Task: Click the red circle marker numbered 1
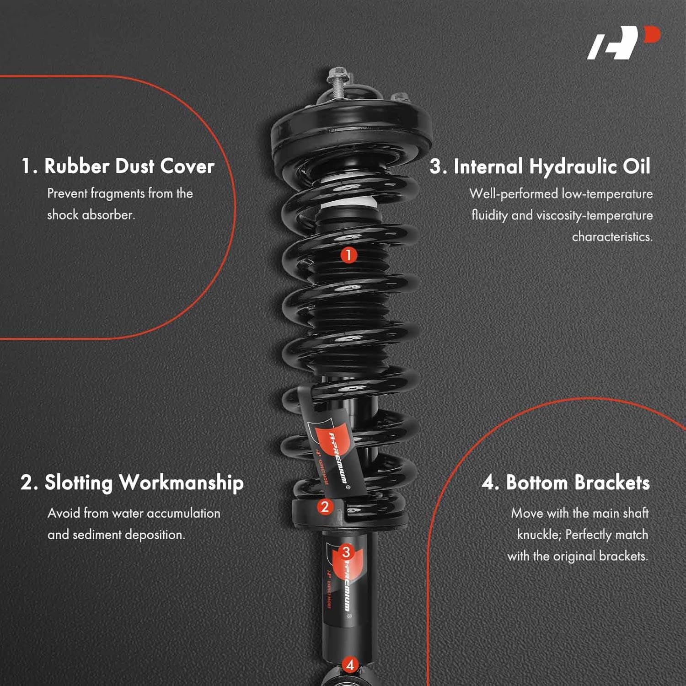click(x=348, y=255)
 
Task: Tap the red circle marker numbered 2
click(x=325, y=507)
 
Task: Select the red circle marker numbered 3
click(x=346, y=552)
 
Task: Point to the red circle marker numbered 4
click(x=350, y=665)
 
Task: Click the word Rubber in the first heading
click(x=76, y=166)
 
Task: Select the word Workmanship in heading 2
click(x=181, y=483)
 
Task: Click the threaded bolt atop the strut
click(x=337, y=82)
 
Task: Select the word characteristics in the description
click(x=612, y=237)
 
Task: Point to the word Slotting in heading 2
click(x=79, y=483)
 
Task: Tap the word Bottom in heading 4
click(x=537, y=483)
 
